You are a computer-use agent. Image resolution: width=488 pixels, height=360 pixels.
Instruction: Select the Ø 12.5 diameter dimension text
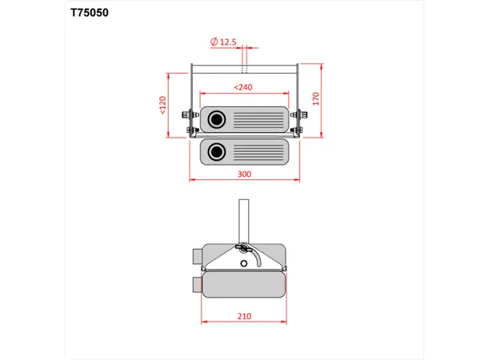[x=224, y=41]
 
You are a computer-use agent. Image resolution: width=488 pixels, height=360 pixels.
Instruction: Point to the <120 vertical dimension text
[x=162, y=105]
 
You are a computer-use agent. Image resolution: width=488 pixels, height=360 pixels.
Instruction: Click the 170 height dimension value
[x=316, y=99]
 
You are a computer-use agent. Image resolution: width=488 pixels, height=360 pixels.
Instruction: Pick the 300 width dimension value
[x=244, y=174]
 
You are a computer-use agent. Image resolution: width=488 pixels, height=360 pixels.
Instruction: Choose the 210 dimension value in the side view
[x=244, y=316]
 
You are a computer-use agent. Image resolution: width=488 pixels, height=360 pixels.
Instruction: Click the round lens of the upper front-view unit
[x=217, y=121]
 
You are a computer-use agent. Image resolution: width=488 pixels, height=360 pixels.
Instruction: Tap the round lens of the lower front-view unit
[x=216, y=150]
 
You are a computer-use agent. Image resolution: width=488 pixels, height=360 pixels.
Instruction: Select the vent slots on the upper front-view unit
[x=257, y=121]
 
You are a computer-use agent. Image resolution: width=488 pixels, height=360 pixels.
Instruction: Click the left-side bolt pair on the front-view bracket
[x=190, y=122]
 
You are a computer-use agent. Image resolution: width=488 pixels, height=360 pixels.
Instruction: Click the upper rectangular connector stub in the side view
[x=196, y=258]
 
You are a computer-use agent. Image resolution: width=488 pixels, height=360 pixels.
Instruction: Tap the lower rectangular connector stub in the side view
[x=196, y=284]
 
